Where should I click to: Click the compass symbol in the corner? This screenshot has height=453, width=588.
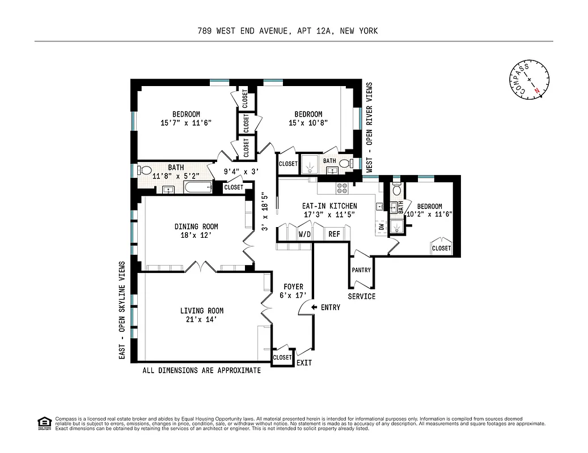[x=528, y=79]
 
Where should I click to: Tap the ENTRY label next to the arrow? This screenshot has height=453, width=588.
[x=331, y=307]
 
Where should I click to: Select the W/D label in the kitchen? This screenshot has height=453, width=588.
[x=304, y=233]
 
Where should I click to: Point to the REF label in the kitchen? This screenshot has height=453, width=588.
[x=334, y=233]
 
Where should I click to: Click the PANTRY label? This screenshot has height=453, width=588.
[x=361, y=270]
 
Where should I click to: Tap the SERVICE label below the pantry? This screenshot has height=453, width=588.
[x=362, y=297]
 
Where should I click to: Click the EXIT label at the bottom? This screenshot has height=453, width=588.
[x=304, y=363]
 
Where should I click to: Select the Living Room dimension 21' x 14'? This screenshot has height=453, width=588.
[x=202, y=319]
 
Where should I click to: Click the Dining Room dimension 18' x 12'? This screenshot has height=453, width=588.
[x=196, y=235]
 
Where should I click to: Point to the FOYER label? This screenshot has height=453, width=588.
[x=294, y=287]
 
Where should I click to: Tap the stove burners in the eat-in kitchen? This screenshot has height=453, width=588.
[x=342, y=189]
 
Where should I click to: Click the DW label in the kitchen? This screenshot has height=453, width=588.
[x=381, y=227]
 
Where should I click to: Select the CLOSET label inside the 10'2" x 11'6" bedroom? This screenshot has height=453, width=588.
[x=442, y=248]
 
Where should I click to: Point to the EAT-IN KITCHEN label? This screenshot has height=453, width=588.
[x=329, y=206]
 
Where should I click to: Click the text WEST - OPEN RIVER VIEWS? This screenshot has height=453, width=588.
[x=370, y=127]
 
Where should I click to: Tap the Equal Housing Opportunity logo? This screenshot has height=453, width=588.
[x=44, y=422]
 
